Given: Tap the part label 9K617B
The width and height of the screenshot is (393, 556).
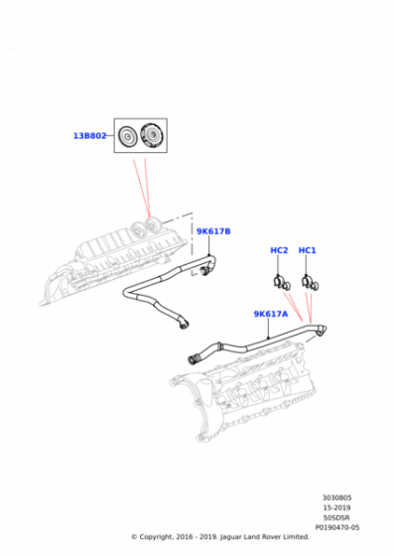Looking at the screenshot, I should point(212,231).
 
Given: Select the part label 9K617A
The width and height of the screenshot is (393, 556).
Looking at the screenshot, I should point(270,314).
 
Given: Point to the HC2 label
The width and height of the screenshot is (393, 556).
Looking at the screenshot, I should point(279,250).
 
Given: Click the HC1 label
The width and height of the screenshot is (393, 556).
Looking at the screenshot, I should point(307,250).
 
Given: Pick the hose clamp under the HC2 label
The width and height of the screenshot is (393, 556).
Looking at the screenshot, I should point(282,279).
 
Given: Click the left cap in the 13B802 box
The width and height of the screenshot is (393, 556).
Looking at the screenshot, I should point(127,136).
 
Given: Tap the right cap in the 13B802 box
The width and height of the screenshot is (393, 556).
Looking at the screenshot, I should point(153,136).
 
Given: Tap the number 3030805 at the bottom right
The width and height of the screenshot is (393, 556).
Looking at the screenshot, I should point(337,498).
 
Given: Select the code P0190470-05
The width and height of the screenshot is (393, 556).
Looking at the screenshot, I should point(337,527).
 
